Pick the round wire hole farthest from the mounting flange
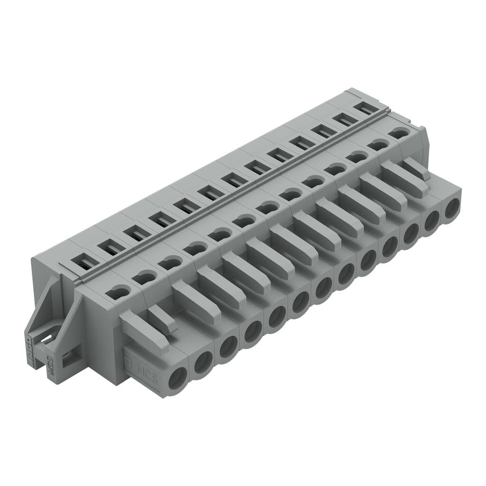[x=452, y=208]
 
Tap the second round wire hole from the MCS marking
[x=203, y=363]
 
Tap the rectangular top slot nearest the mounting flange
[x=85, y=261]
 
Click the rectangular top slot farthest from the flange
[x=366, y=108]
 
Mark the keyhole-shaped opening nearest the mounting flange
[x=118, y=292]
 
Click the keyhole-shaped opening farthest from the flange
[x=400, y=133]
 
